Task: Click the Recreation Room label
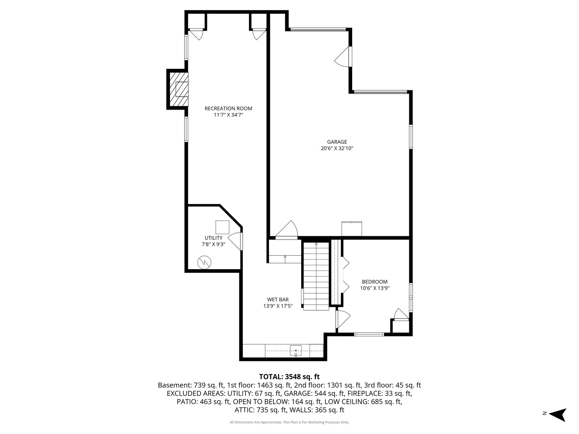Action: (228, 108)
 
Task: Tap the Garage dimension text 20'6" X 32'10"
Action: (337, 148)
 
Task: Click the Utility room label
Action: (214, 238)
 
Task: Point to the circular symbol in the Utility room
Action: (204, 262)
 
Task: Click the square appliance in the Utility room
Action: (222, 227)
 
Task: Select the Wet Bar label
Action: (278, 300)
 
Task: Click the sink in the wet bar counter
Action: (296, 351)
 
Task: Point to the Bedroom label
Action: (375, 282)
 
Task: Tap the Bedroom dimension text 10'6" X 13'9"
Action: (375, 288)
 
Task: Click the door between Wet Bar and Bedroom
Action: (343, 319)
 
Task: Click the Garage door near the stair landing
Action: (287, 230)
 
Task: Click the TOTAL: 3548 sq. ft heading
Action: (289, 377)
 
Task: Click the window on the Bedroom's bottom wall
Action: (369, 334)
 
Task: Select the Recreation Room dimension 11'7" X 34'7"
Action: (228, 115)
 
